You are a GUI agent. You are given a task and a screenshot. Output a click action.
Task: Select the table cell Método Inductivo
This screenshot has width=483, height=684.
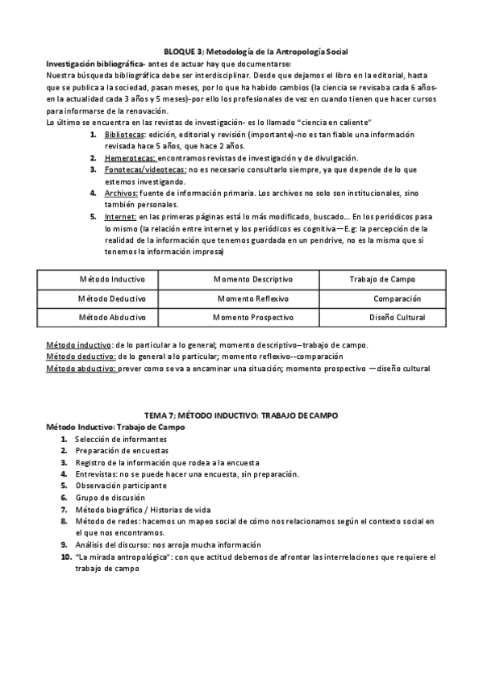coord(112,279)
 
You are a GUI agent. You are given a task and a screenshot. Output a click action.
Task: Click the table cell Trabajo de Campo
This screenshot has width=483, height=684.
coord(382,279)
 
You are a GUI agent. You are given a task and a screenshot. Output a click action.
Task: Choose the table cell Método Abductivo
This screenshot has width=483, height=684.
coord(112,318)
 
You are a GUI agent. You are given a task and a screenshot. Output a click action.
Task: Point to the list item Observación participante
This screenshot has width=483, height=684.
coord(121,486)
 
